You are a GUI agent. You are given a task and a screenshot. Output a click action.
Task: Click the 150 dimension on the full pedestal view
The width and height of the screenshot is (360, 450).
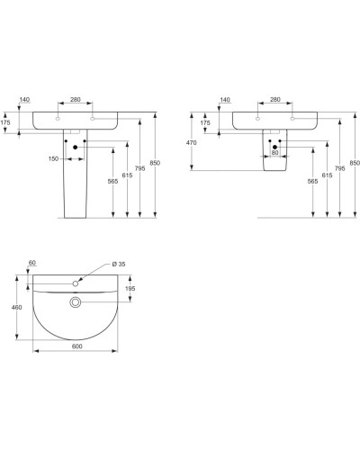click(54, 159)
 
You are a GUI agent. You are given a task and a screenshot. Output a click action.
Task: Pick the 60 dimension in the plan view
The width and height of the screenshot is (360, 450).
click(32, 264)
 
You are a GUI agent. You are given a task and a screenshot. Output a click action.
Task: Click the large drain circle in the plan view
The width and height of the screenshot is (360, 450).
click(77, 302)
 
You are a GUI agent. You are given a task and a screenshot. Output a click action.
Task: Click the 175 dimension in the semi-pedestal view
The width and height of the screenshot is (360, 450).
click(206, 122)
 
